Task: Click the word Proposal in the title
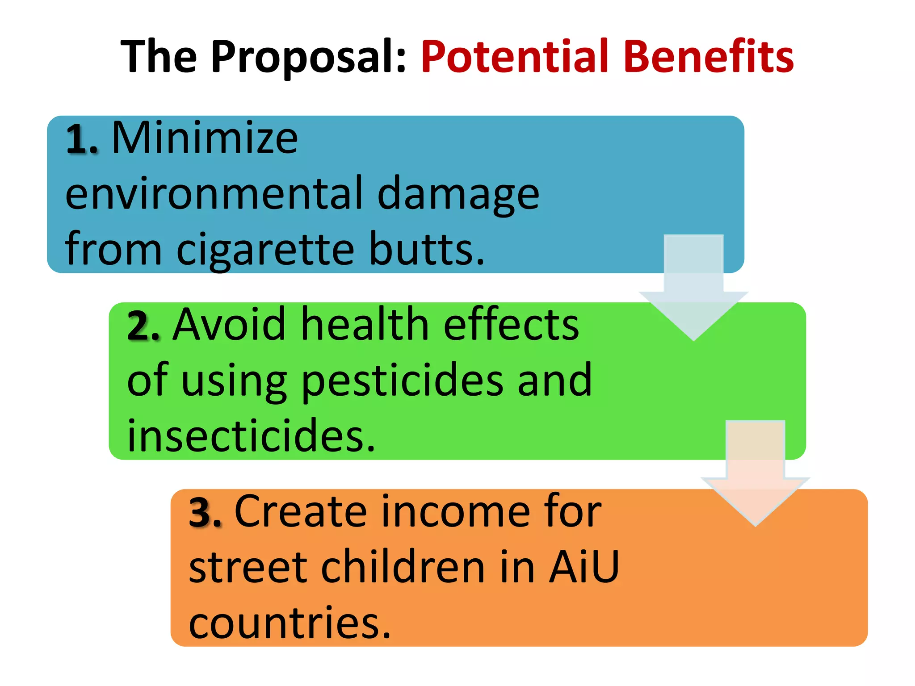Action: [x=308, y=57]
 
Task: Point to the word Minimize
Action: [x=205, y=138]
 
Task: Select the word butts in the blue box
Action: [x=426, y=249]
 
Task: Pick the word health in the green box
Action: [x=365, y=325]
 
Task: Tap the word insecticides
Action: [x=251, y=436]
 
